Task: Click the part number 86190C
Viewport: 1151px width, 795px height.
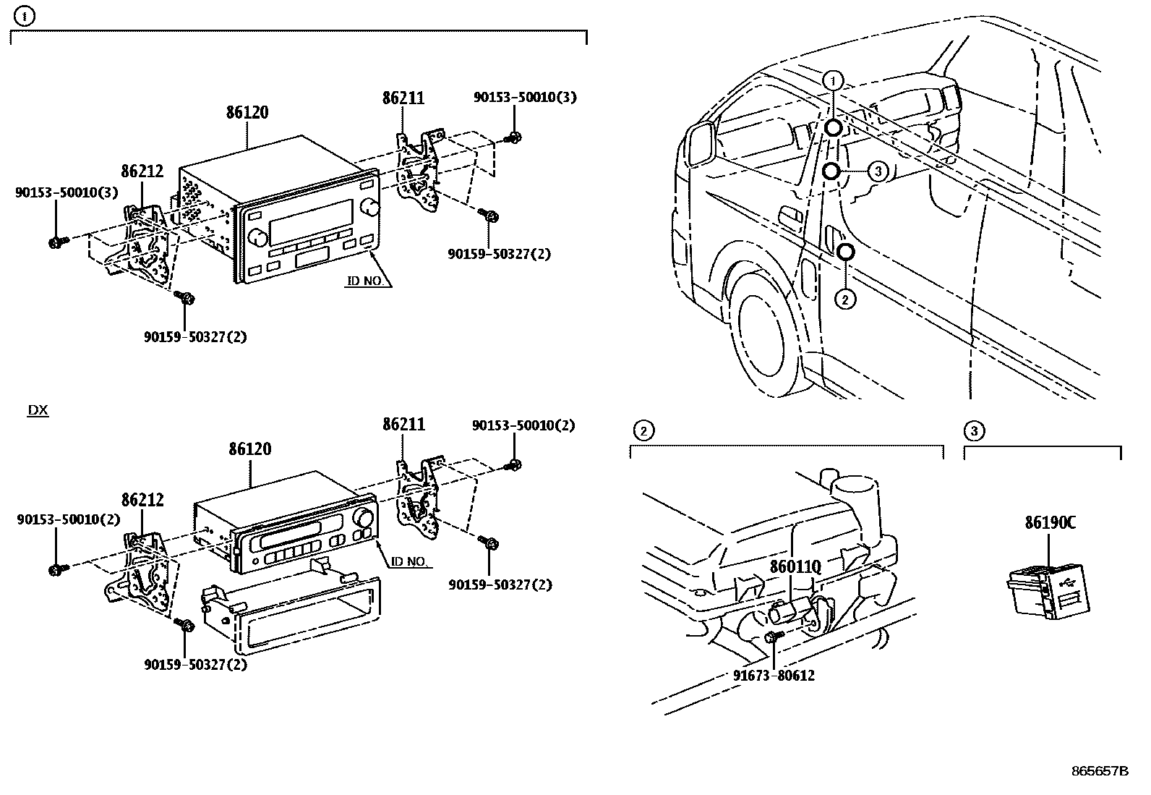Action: (x=1050, y=523)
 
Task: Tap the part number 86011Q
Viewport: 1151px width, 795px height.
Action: (x=795, y=566)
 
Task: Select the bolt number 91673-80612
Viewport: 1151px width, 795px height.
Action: (x=774, y=675)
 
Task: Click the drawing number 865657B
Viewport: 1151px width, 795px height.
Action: (x=1100, y=771)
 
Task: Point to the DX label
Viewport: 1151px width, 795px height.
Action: (x=38, y=410)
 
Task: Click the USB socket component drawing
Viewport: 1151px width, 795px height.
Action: (x=1048, y=592)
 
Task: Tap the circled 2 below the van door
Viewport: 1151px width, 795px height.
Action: (x=845, y=299)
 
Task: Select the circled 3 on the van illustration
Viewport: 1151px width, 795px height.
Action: (x=878, y=171)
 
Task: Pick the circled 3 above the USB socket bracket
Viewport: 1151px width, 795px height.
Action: (x=975, y=431)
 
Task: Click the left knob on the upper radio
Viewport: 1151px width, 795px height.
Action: (x=257, y=237)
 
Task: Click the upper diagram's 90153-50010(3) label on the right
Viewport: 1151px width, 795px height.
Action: (x=525, y=97)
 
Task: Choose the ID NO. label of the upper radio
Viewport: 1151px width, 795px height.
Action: (x=365, y=281)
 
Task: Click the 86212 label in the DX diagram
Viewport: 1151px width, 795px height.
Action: (x=142, y=500)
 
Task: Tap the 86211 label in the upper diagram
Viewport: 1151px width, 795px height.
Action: (x=403, y=98)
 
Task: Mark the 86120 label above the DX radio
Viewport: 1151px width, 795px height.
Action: (x=249, y=449)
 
